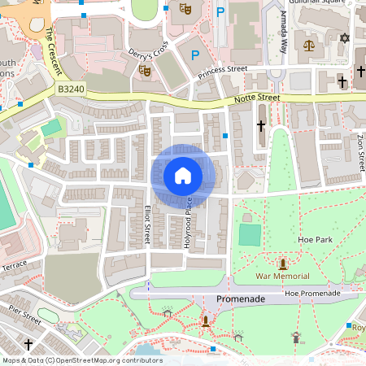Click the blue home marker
[183, 175]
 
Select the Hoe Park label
[316, 240]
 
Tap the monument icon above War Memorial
[282, 264]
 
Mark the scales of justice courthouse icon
[308, 42]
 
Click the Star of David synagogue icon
[343, 39]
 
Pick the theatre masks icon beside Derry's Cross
[146, 71]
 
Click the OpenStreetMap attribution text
[81, 360]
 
